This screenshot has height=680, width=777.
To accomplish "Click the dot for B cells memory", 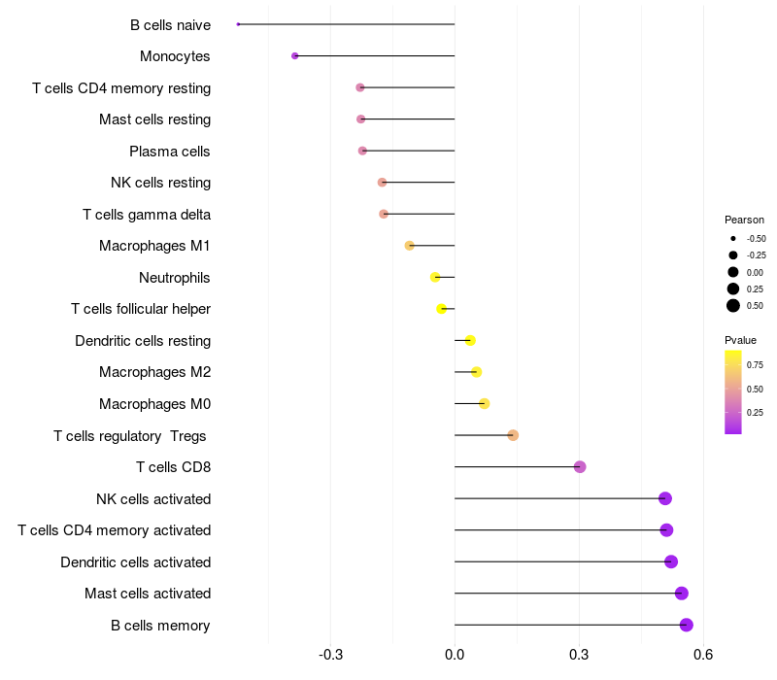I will click(x=687, y=625).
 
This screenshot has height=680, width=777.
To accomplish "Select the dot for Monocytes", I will click(x=295, y=56).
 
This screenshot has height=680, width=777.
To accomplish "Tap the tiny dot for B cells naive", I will click(x=238, y=24).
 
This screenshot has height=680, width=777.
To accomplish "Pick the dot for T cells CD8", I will click(x=580, y=467).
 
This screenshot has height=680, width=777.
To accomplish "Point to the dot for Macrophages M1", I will click(x=410, y=246).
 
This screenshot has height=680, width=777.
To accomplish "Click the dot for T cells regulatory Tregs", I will click(x=513, y=435).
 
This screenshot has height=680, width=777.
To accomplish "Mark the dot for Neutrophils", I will click(x=436, y=277).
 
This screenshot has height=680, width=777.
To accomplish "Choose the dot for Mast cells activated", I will click(x=682, y=594).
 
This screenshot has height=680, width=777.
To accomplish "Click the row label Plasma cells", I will click(x=170, y=152).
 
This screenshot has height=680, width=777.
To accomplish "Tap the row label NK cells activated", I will click(x=153, y=499).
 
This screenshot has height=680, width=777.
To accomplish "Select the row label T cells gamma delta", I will click(x=147, y=215).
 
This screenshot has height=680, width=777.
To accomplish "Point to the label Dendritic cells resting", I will click(x=143, y=341).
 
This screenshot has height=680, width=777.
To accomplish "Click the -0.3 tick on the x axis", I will click(x=330, y=657).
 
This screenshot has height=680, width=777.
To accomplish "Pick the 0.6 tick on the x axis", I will click(x=703, y=657).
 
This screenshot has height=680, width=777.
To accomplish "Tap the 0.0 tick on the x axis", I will click(x=455, y=657).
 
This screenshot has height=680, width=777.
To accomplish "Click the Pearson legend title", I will click(x=744, y=220).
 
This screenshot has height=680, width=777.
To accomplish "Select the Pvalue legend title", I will click(x=740, y=340).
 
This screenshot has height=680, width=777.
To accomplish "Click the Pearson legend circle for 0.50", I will click(x=733, y=306).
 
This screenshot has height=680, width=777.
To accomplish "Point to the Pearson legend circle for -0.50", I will click(x=733, y=238).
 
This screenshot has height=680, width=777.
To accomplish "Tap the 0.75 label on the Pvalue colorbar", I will click(x=755, y=365).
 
